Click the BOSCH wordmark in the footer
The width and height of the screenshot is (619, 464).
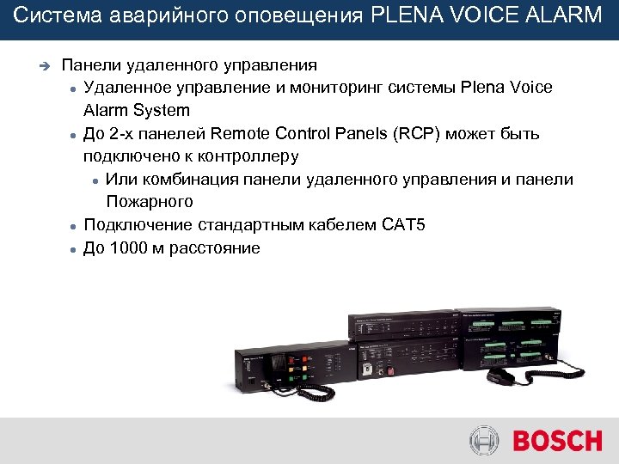(558, 442)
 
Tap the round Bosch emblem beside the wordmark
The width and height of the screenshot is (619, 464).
(484, 442)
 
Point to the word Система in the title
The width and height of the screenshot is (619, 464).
(48, 16)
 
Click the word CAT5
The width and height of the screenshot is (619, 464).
(403, 225)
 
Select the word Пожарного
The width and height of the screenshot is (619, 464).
(150, 202)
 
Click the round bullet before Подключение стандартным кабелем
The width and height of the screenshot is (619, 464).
(75, 226)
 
